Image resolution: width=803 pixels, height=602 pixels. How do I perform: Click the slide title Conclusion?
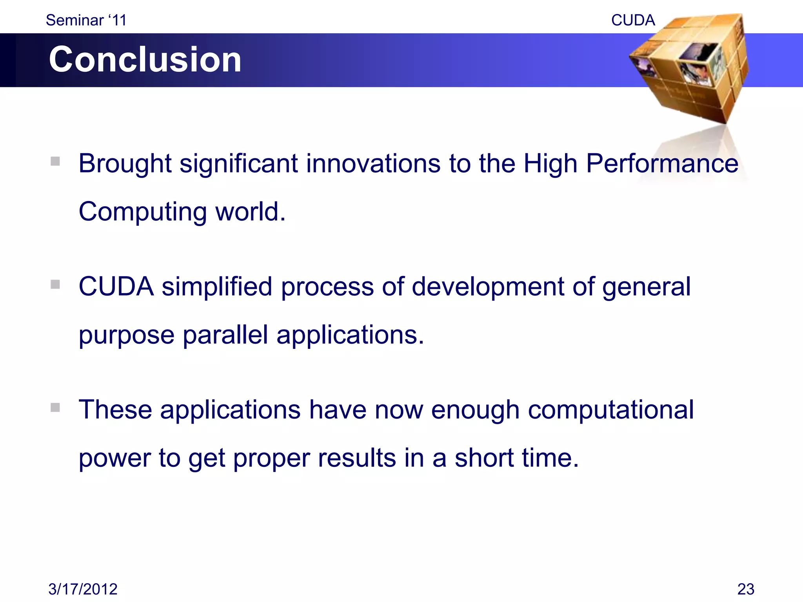point(145,60)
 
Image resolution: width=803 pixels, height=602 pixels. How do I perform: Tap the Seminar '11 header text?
point(86,20)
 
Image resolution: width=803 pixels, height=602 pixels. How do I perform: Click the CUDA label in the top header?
point(633,20)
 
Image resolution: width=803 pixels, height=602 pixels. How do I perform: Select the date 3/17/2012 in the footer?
point(83,589)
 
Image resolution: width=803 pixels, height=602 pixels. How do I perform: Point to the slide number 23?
point(746,589)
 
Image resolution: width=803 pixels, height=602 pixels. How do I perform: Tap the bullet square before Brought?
point(55,161)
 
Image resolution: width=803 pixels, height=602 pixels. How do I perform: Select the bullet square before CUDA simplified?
point(55,284)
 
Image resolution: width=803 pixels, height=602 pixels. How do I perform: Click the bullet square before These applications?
point(55,408)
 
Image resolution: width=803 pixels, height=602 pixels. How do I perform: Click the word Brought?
point(125,164)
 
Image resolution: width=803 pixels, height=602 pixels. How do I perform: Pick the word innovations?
point(373,164)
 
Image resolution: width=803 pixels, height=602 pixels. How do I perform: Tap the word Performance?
point(662,164)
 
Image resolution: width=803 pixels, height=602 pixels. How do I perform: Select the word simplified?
point(217,286)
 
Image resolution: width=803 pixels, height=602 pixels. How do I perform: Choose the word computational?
point(610,410)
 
